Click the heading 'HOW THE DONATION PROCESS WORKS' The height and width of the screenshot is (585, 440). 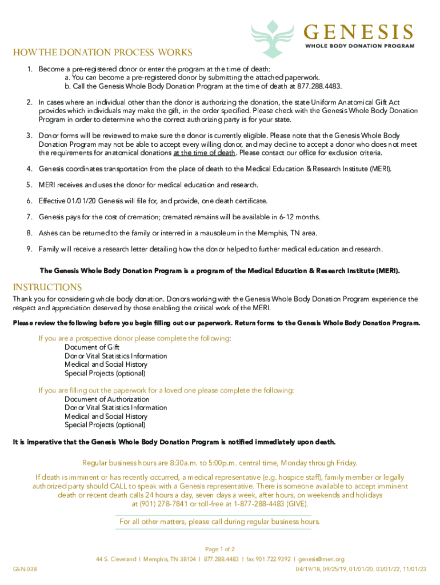[103, 53]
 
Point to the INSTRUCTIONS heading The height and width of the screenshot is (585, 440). [47, 287]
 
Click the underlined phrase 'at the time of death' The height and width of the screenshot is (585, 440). [205, 153]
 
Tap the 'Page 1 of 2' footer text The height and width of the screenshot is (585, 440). [220, 549]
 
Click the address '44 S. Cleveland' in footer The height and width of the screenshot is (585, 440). [116, 559]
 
